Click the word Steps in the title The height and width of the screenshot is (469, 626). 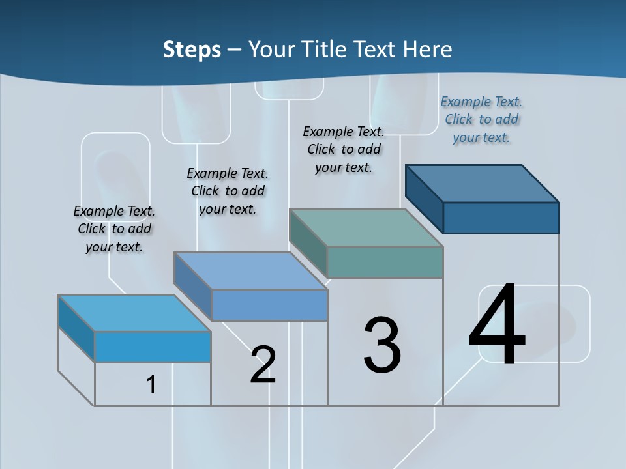point(192,50)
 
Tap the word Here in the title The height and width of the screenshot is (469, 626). point(427,50)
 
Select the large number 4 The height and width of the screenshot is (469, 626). point(497,324)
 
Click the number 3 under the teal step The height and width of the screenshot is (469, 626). point(382,345)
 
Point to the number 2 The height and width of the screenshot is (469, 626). point(263,365)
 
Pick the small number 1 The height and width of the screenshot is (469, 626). point(151,384)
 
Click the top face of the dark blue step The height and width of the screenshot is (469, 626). point(483,184)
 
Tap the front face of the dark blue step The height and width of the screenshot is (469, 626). point(501,218)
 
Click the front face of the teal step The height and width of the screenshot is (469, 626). point(385,262)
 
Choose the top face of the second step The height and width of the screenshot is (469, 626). point(250,271)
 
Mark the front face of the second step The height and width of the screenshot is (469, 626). point(269,305)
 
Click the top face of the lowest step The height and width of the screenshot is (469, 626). point(134,313)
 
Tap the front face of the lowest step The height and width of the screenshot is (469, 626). point(153,347)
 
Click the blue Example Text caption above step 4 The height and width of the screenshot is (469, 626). point(481,119)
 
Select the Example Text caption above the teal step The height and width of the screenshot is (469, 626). point(344,149)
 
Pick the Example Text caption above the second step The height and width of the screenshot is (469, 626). point(228,191)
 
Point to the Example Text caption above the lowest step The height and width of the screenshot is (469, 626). point(114,229)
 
